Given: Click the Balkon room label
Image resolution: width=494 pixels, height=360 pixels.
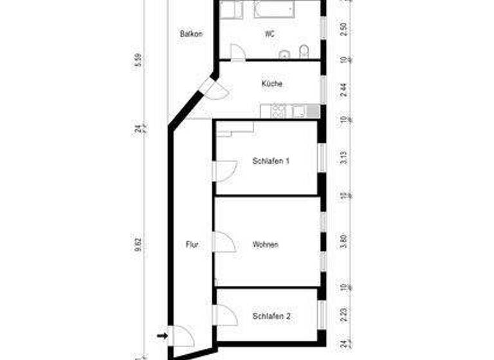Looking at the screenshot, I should pos(192,34).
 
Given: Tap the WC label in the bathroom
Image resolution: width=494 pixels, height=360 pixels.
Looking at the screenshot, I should pos(270,34).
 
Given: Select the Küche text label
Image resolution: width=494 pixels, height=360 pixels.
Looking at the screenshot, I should pos(271,84).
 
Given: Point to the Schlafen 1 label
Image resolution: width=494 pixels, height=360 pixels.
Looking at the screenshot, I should pos(271,161).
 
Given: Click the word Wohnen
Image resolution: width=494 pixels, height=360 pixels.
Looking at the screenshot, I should pos(266,245).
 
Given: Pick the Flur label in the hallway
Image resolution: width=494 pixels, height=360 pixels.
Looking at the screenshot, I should pos(191,245).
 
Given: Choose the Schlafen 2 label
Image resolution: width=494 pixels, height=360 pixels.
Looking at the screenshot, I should pos(271,316).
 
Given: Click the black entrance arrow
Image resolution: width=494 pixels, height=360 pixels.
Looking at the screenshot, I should pos(162,335).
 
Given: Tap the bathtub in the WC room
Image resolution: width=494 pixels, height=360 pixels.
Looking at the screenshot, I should pos(274,10).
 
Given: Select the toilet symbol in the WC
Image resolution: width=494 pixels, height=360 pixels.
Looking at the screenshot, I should pos(305,51).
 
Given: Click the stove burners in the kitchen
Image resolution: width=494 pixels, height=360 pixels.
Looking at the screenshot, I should pos(279,111).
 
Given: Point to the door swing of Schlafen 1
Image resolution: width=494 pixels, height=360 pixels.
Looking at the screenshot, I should pos(223,170).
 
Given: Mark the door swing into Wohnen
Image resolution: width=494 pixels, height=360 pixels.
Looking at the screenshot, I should pos(223,242).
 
